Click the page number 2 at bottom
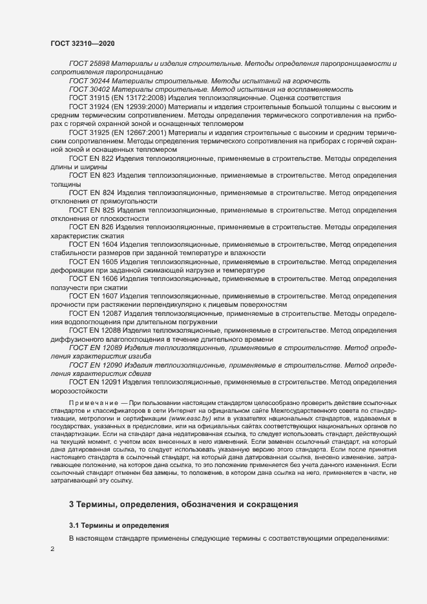tap(52, 549)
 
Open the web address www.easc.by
tap(187, 421)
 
